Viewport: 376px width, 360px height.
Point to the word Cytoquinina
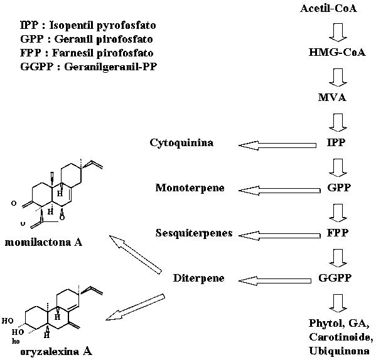(181, 143)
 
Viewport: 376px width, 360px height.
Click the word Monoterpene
(186, 188)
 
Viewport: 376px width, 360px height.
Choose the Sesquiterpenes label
(194, 233)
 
